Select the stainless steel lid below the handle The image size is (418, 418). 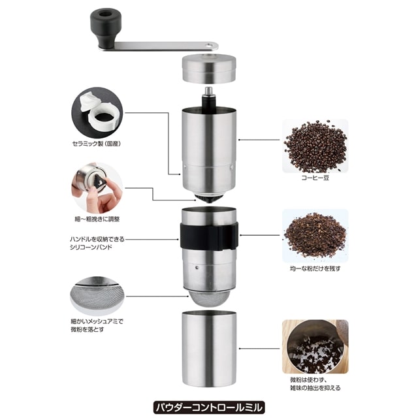209,69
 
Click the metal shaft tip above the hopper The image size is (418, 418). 209,91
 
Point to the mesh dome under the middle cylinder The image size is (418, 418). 209,298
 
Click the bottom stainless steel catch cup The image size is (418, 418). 209,349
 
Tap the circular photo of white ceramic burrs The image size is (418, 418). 97,112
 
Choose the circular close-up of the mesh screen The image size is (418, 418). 97,296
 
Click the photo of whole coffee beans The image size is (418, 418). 315,146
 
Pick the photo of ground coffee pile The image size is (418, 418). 315,236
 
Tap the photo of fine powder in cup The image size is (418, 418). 315,347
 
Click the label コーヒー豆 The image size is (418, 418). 315,178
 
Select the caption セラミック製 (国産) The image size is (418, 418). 97,144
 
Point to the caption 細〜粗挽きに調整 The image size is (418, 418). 97,219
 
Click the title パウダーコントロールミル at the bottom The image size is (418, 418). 209,407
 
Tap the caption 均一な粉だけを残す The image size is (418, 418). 315,268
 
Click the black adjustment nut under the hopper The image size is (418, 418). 209,199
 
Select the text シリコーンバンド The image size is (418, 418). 91,247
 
